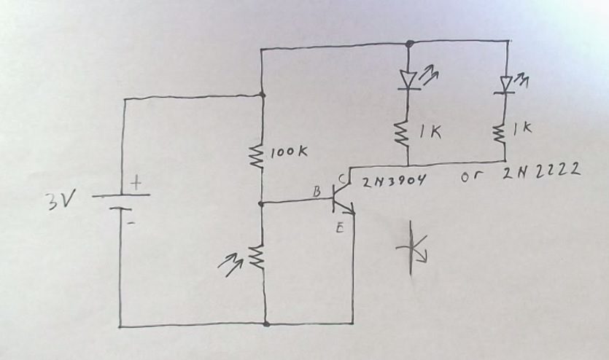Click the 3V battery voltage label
[x=57, y=200]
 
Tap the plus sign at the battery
[x=135, y=184]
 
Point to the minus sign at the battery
[x=131, y=223]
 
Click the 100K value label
[x=290, y=153]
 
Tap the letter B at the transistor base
[x=317, y=191]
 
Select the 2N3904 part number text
[x=395, y=181]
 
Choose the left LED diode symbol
[x=408, y=79]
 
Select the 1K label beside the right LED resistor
[x=522, y=128]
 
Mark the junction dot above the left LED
[x=408, y=42]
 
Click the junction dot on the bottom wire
[x=265, y=324]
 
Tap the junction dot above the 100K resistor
[x=263, y=95]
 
